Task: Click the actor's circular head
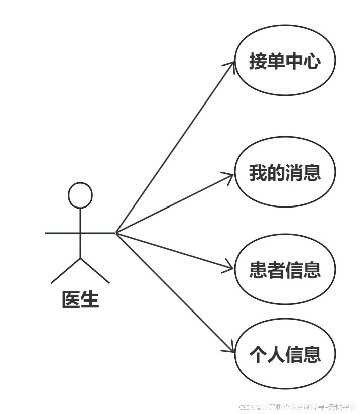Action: (80, 195)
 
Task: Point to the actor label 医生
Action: (80, 300)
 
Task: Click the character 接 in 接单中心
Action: (258, 62)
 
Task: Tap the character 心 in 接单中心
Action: (312, 62)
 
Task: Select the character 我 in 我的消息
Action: (258, 173)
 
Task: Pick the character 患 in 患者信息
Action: (258, 270)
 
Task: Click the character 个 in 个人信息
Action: (258, 354)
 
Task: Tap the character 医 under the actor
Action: (71, 300)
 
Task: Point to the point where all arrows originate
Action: (116, 233)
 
